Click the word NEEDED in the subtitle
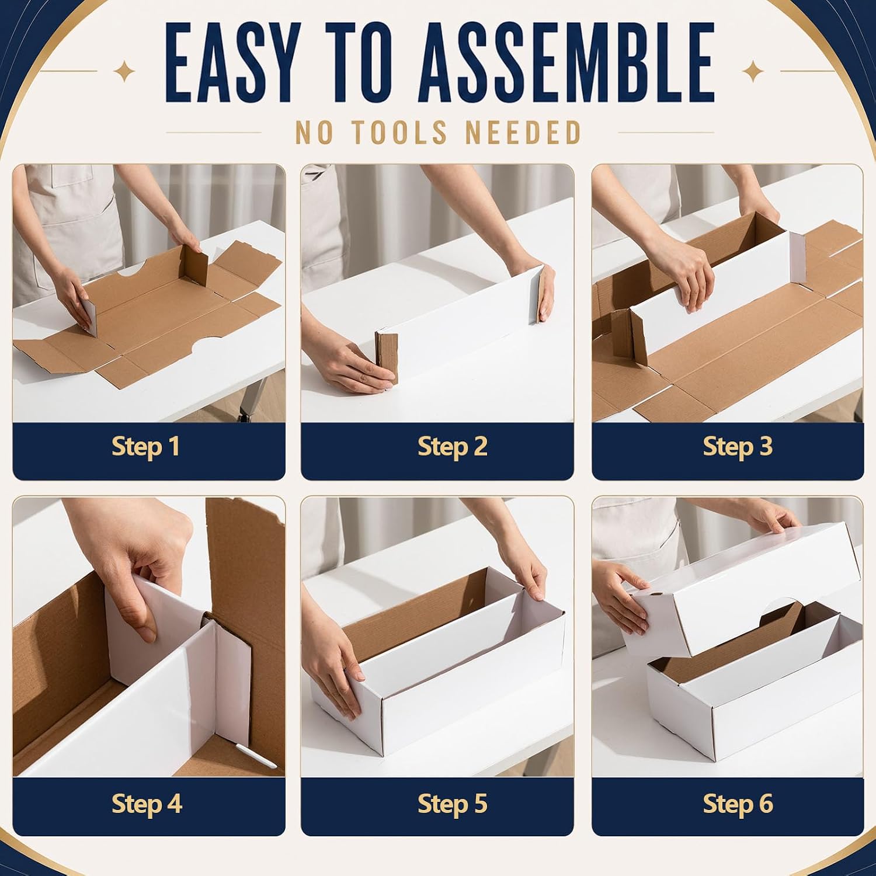pyautogui.click(x=523, y=133)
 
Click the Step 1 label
pyautogui.click(x=145, y=447)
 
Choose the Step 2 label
pyautogui.click(x=453, y=447)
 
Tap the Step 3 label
pyautogui.click(x=738, y=447)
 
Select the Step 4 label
pyautogui.click(x=147, y=804)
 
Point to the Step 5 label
pyautogui.click(x=453, y=804)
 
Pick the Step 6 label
pyautogui.click(x=738, y=804)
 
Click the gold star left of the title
pyautogui.click(x=124, y=72)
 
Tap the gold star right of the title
pyautogui.click(x=753, y=72)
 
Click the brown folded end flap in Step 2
pyautogui.click(x=387, y=356)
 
